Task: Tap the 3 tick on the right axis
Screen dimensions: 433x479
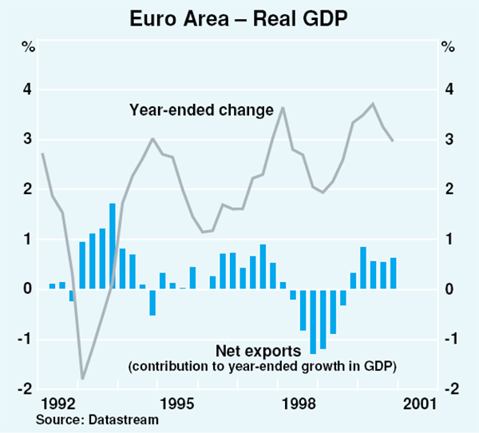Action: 451,140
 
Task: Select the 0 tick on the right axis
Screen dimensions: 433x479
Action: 451,289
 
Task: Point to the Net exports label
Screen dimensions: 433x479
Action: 258,351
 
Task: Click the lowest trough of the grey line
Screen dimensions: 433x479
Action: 82,378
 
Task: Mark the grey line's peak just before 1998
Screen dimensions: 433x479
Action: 283,107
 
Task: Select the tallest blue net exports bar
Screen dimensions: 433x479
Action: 113,246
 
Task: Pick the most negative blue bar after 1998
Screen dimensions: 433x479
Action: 313,321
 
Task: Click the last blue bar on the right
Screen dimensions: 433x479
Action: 393,273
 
